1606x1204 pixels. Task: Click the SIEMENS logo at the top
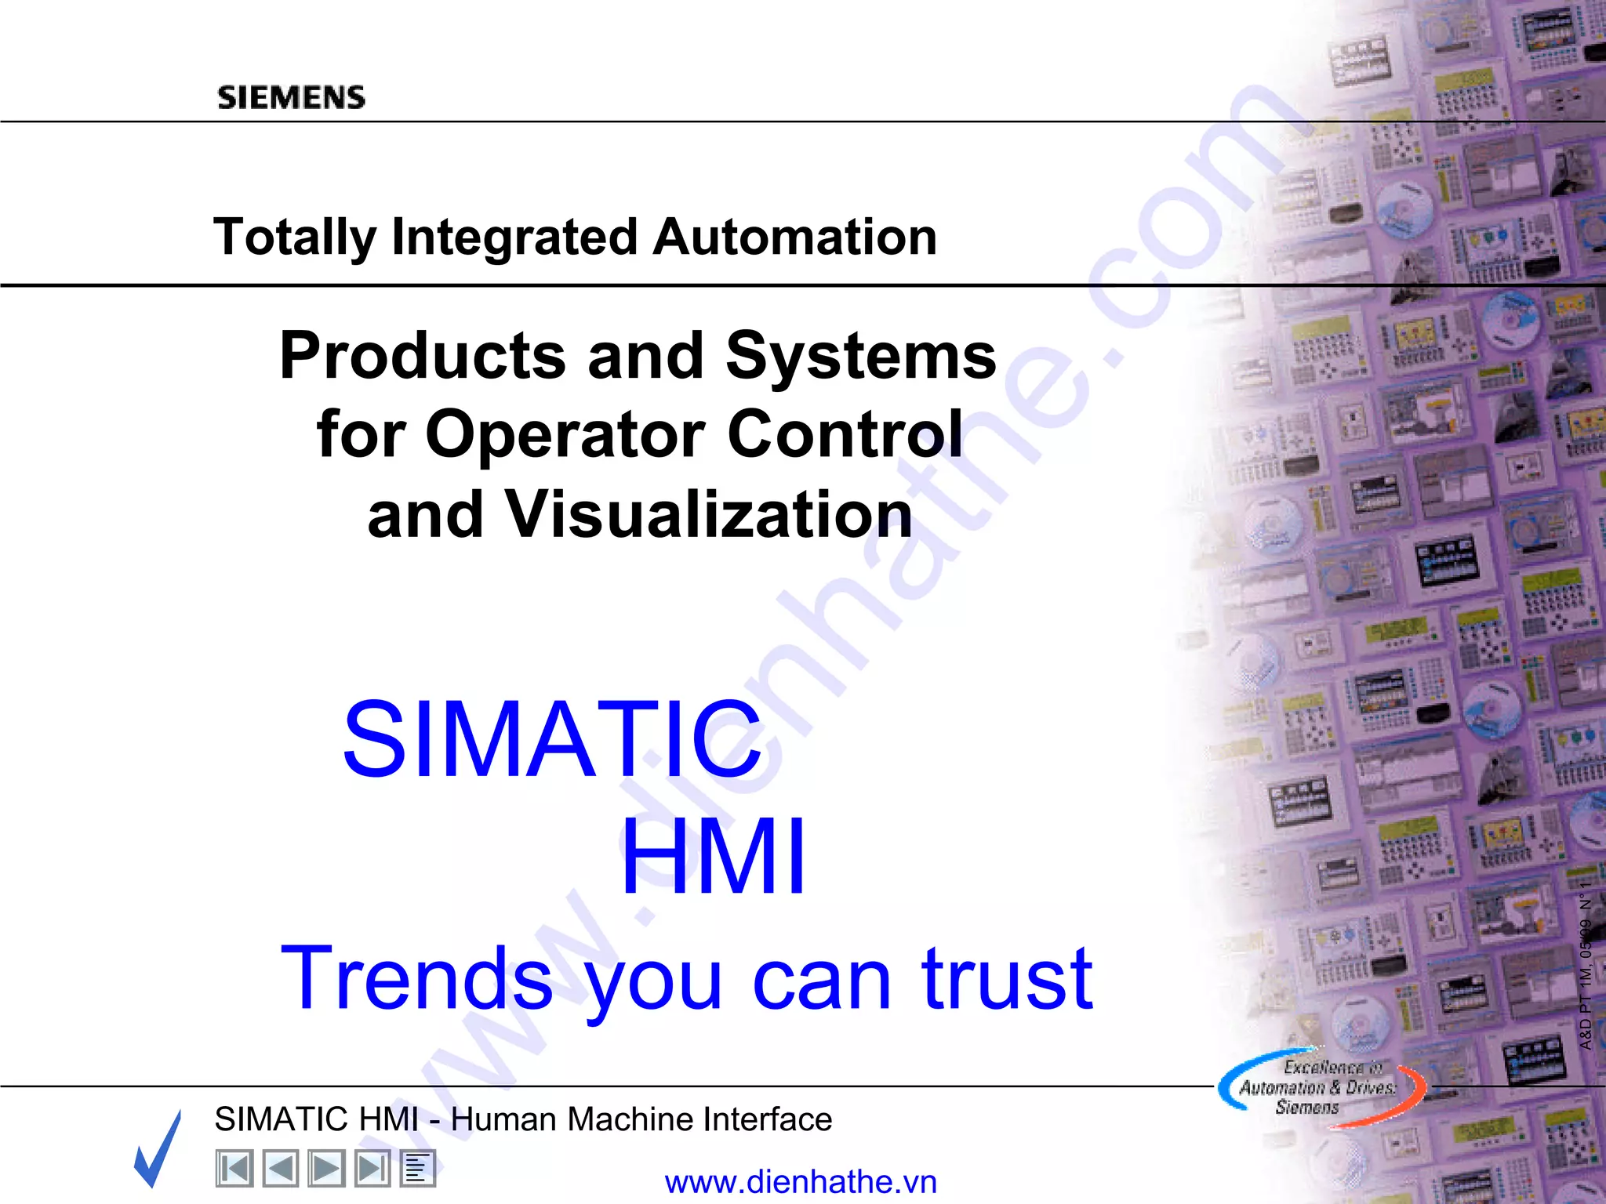(291, 97)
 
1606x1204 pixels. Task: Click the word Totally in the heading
(295, 237)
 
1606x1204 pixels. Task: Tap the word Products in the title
(422, 356)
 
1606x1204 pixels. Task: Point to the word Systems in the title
(860, 356)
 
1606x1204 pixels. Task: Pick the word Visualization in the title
(709, 514)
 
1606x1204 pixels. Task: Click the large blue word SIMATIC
(553, 740)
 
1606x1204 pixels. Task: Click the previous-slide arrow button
(280, 1169)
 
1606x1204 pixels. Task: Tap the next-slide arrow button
(325, 1169)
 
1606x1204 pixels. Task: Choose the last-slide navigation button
(372, 1169)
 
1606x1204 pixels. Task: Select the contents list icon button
(417, 1169)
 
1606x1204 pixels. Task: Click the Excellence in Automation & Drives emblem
(1320, 1087)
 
